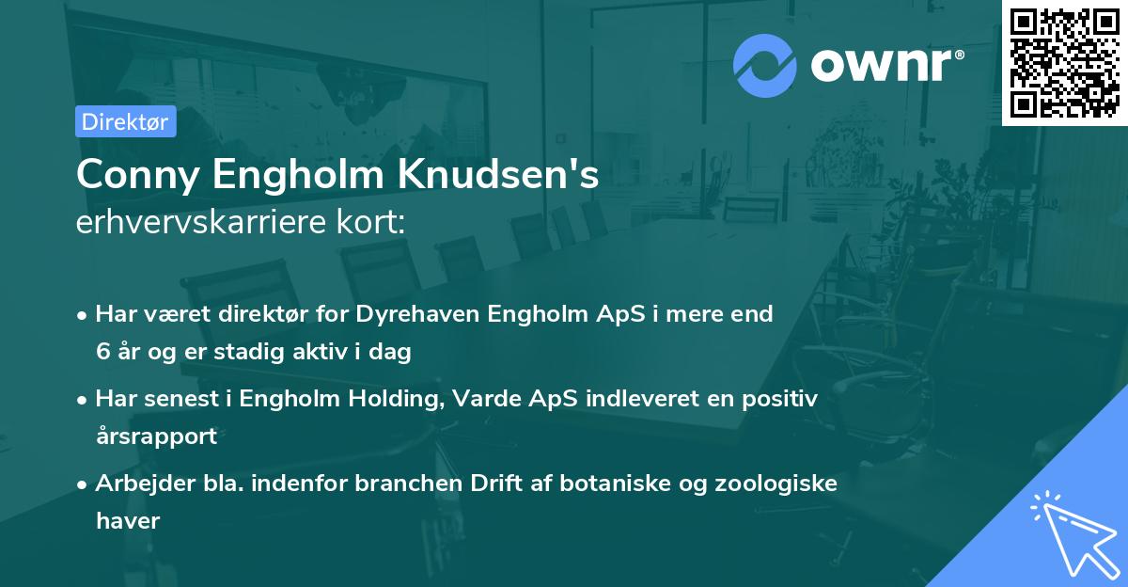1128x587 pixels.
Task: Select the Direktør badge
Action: pos(126,121)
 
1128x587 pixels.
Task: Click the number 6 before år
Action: pos(102,352)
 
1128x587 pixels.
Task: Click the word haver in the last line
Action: pos(128,520)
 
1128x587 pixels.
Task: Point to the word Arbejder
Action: pos(138,483)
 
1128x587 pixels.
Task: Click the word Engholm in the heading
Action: pos(318,175)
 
